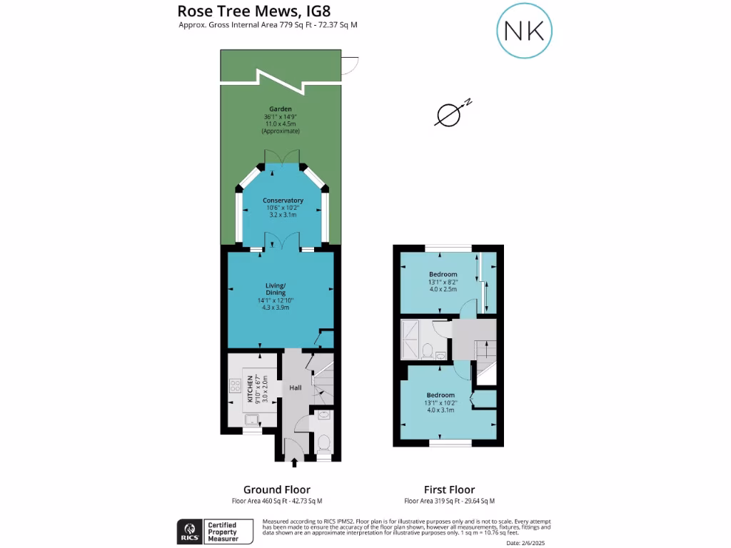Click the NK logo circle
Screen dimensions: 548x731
[525, 30]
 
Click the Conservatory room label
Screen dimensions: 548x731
[283, 201]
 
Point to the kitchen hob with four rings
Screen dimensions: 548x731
[233, 388]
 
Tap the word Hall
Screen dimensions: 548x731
[295, 388]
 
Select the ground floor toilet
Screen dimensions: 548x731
[323, 443]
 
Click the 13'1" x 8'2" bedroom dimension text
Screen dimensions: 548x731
[443, 282]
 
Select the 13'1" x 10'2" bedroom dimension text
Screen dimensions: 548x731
[440, 402]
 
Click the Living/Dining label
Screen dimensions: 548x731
[276, 289]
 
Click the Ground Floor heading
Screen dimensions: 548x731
[277, 489]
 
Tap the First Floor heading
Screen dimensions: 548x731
[449, 489]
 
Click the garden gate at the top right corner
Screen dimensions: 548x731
[349, 66]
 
